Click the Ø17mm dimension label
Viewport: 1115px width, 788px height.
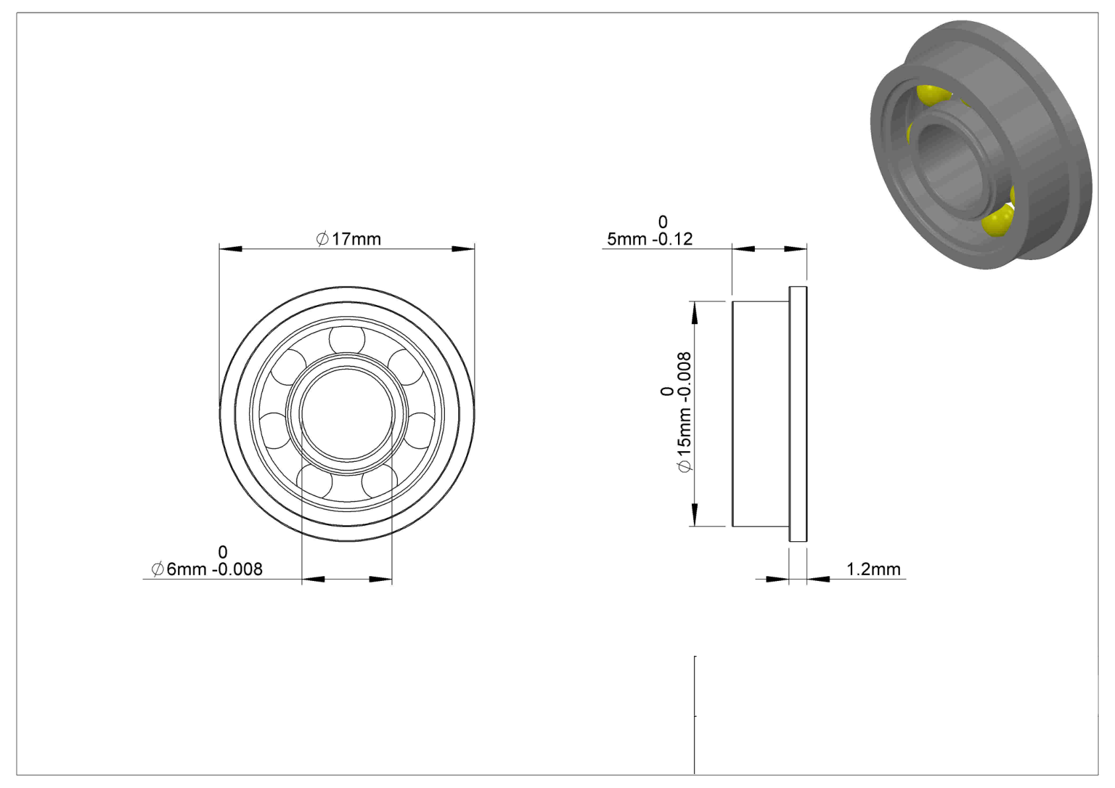[348, 240]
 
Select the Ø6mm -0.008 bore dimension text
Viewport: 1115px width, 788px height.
[207, 569]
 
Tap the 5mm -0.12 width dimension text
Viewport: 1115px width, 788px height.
[650, 240]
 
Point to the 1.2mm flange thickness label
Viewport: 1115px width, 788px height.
[873, 569]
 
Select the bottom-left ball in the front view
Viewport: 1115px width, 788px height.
[314, 482]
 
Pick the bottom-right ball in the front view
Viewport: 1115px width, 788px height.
[380, 482]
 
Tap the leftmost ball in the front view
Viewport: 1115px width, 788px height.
[275, 430]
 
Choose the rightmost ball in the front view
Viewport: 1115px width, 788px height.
[419, 430]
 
